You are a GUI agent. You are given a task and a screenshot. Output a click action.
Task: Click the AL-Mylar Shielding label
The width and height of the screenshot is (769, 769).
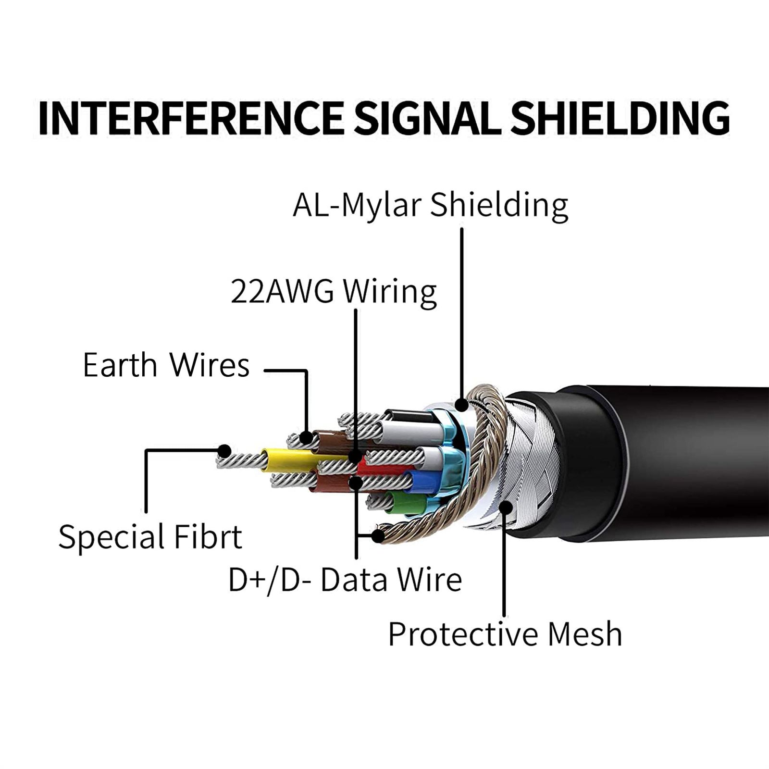pos(430,205)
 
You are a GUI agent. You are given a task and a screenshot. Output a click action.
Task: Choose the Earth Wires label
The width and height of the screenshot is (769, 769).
pos(166,365)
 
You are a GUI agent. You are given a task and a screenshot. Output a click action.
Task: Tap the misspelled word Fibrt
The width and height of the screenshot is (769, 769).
pos(208,537)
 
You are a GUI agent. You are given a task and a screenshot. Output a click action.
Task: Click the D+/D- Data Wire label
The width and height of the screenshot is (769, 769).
pos(345,580)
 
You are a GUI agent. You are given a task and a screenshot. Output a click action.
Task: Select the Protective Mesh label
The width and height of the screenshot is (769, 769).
pos(505,634)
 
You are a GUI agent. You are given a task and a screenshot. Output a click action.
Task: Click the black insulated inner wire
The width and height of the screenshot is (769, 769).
pos(409,416)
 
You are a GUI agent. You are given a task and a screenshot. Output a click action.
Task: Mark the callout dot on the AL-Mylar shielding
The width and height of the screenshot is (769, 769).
pos(462,405)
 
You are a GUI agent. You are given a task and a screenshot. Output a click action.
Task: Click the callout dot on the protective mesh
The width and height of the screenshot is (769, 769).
pos(505,507)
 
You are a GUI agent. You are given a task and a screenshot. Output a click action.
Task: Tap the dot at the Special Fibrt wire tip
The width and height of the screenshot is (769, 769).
pos(224,451)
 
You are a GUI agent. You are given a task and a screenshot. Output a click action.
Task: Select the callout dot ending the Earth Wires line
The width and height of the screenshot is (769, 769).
pos(306,437)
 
